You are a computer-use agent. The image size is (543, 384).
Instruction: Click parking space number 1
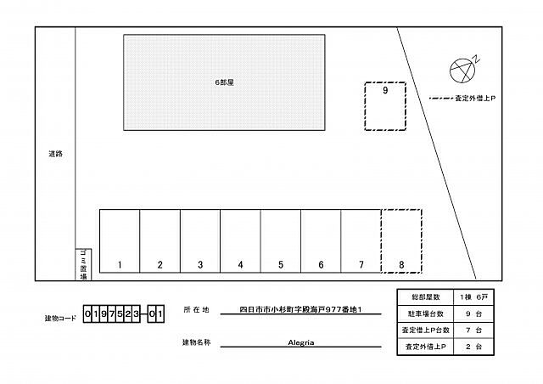(120, 241)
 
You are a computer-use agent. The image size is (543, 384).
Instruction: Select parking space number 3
(200, 241)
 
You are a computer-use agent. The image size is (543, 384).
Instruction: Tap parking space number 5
(281, 241)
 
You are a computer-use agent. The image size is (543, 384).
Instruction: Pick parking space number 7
(361, 241)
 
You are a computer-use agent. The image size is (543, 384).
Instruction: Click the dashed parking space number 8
(401, 241)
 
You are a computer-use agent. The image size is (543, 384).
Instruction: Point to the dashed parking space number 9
(385, 106)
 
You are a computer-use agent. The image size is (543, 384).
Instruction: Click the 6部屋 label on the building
(224, 82)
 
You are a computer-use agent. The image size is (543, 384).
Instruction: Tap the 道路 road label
(56, 155)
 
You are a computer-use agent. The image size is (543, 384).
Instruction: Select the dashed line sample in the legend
(440, 99)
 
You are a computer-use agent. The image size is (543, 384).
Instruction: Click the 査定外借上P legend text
(475, 99)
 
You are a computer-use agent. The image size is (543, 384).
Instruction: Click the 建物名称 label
(196, 343)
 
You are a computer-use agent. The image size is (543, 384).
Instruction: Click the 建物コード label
(62, 318)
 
